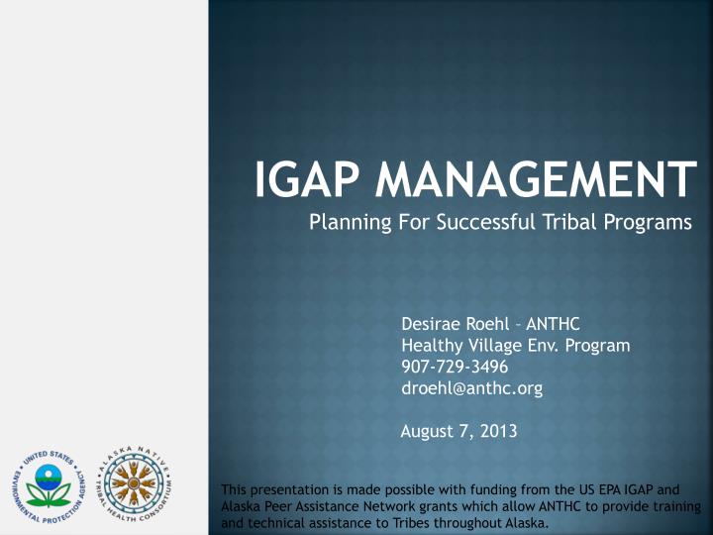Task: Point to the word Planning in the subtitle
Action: click(347, 223)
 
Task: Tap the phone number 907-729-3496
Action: click(456, 368)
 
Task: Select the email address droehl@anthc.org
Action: click(471, 389)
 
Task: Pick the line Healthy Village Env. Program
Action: click(515, 346)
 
